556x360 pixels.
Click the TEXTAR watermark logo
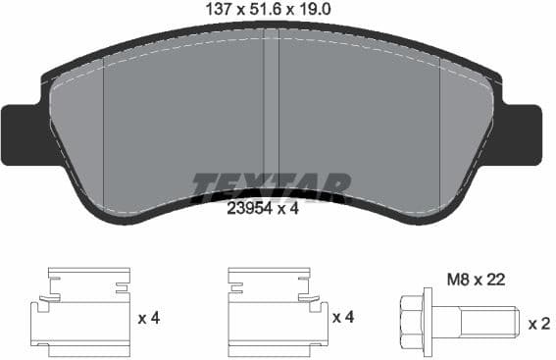(270, 185)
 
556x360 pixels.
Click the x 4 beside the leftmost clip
(149, 318)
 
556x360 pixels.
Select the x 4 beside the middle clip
(343, 318)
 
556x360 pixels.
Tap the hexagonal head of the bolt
(416, 322)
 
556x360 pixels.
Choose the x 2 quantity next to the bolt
(538, 323)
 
